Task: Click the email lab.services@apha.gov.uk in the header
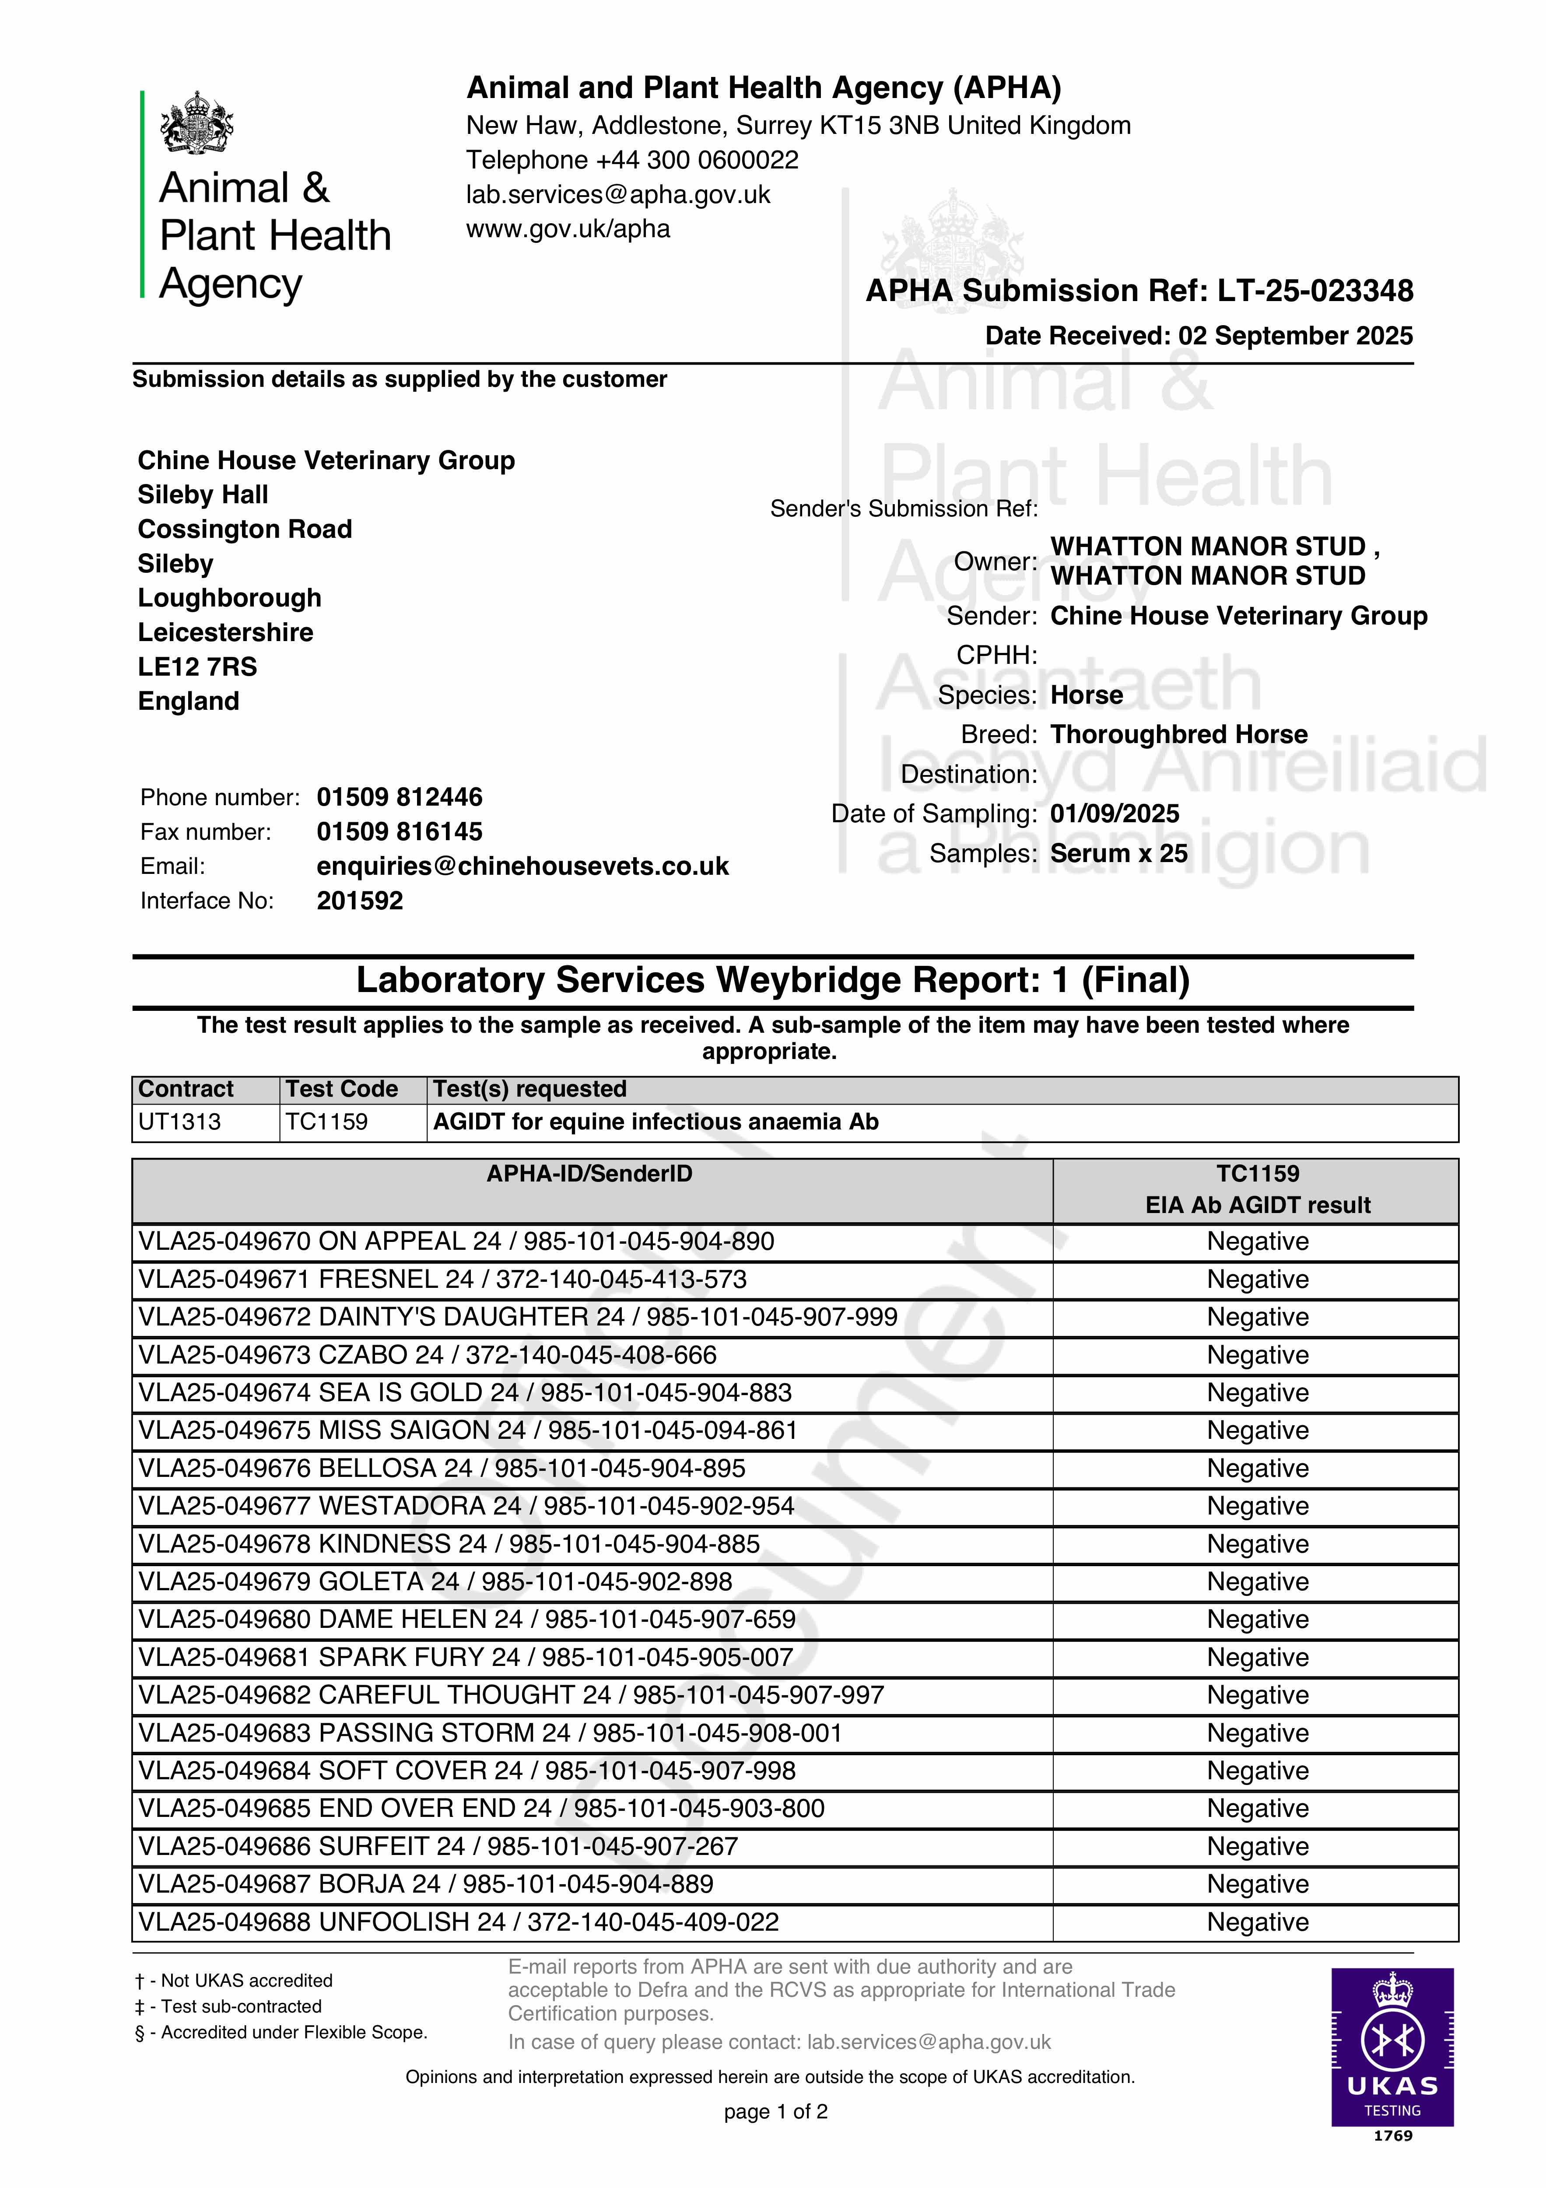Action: [617, 194]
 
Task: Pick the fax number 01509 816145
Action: [400, 832]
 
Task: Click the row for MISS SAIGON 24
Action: [467, 1431]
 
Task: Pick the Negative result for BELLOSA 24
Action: [1257, 1469]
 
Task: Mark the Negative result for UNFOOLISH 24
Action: [1257, 1922]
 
